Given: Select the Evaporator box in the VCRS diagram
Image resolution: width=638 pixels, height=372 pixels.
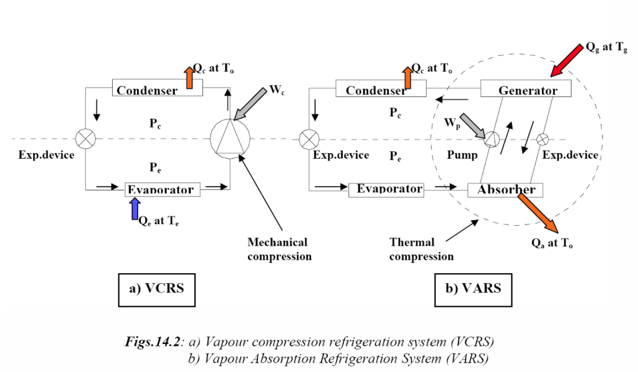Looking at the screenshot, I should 163,188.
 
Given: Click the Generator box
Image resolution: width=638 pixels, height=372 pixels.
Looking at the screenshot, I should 527,90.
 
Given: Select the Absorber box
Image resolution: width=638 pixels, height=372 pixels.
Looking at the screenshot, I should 505,188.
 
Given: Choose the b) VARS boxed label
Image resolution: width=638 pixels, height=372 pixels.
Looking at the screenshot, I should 469,289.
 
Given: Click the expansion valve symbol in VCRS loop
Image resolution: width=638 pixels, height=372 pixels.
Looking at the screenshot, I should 84,137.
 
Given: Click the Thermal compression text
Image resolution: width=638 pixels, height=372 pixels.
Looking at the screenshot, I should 421,248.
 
